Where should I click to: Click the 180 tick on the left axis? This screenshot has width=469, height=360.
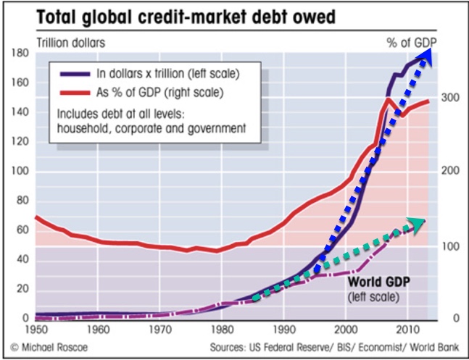(x=20, y=54)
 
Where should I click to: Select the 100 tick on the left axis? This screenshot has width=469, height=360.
(x=20, y=172)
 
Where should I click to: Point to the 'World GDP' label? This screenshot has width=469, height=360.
(x=378, y=282)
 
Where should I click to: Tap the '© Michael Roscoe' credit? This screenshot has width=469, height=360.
(x=48, y=348)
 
